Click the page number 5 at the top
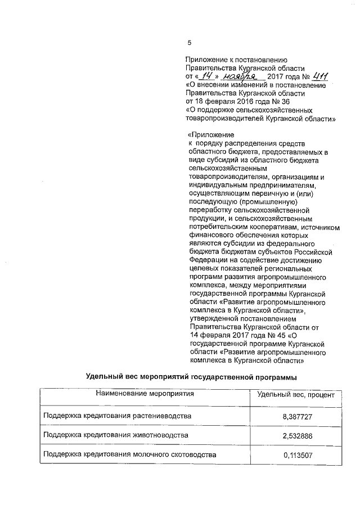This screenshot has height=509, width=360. [190, 43]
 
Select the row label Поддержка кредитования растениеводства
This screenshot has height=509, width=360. [117, 416]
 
